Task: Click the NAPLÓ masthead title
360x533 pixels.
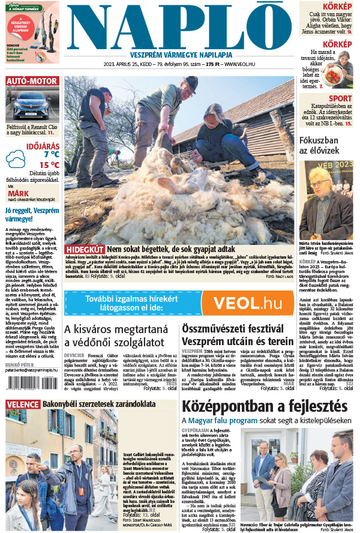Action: (x=180, y=25)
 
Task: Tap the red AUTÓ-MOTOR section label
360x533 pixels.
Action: (x=32, y=81)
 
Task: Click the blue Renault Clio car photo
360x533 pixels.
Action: (x=32, y=106)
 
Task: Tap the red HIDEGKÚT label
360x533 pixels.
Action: (x=85, y=249)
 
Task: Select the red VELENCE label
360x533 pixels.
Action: (x=22, y=404)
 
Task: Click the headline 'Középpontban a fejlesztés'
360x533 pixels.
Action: (x=265, y=406)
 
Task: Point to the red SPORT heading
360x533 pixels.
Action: (x=340, y=98)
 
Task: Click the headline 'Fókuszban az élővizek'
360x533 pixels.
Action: (x=325, y=146)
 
